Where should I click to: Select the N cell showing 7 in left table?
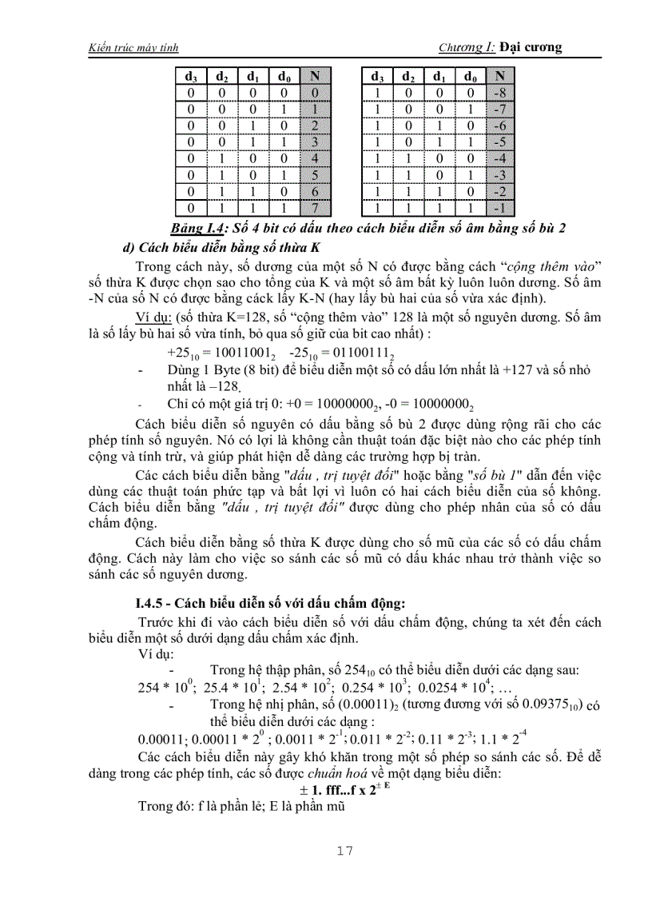[x=316, y=208]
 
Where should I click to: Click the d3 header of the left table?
[x=191, y=77]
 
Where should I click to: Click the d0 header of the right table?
[x=470, y=77]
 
